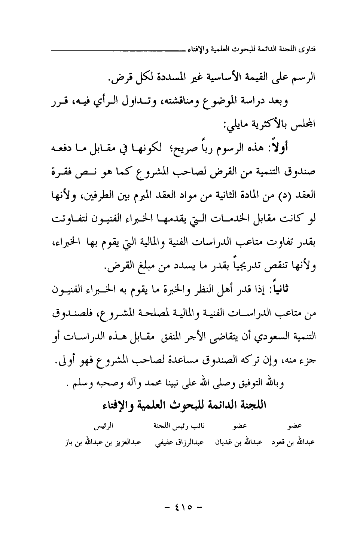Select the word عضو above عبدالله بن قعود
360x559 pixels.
[x=296, y=426]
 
